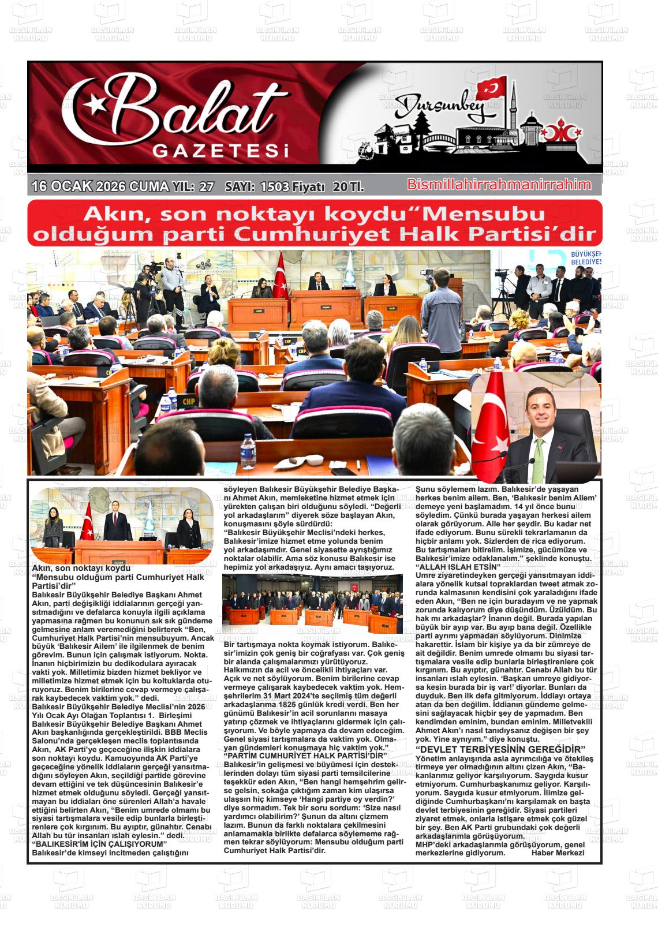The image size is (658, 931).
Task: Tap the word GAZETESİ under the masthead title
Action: pyautogui.click(x=219, y=152)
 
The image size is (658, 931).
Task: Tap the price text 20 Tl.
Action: pyautogui.click(x=348, y=186)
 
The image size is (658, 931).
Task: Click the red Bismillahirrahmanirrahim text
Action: pyautogui.click(x=499, y=185)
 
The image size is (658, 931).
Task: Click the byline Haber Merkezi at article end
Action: pyautogui.click(x=558, y=853)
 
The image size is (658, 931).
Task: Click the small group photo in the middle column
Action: pyautogui.click(x=312, y=604)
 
